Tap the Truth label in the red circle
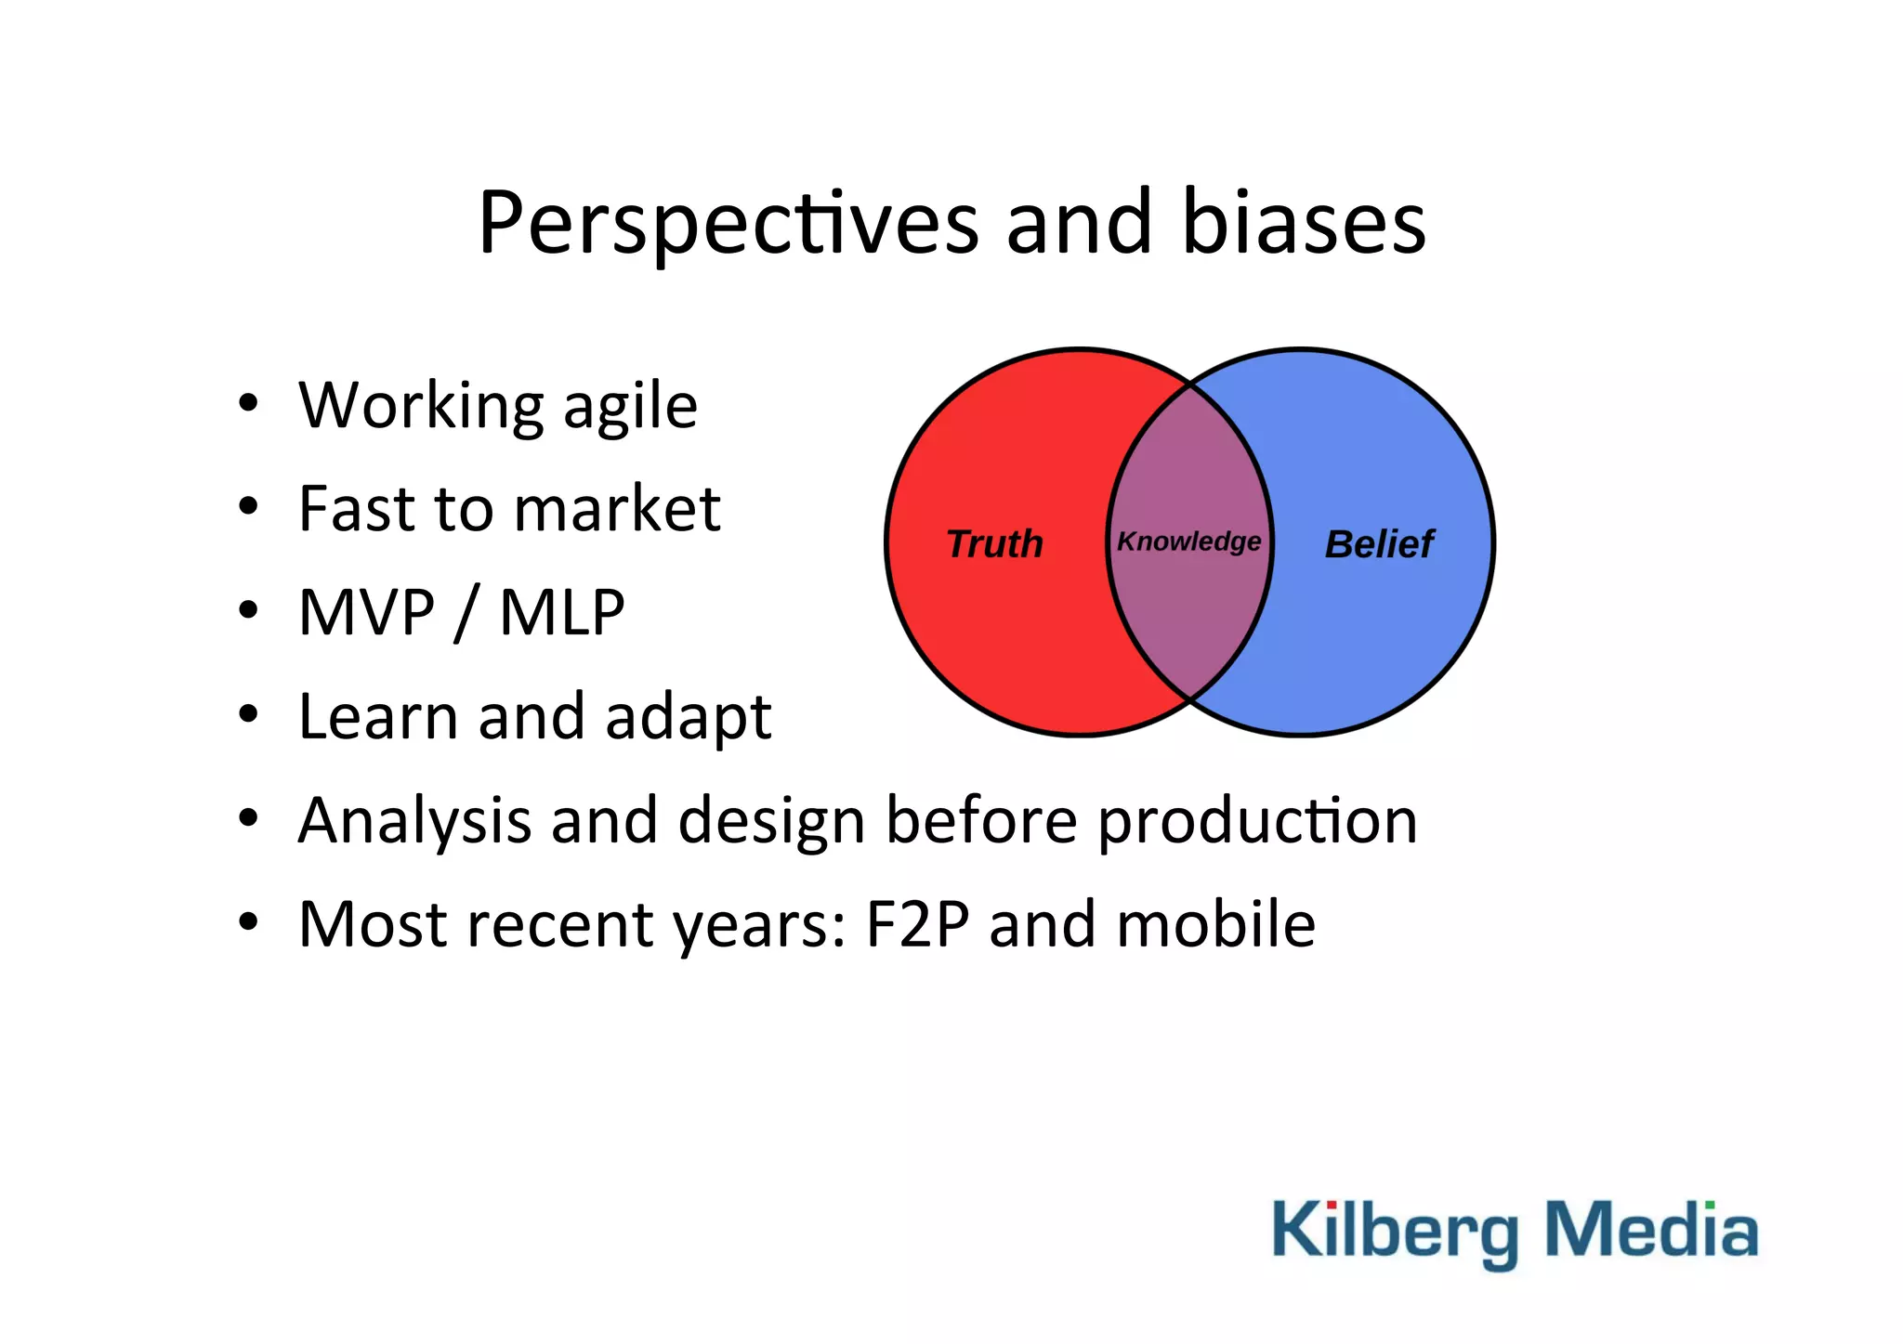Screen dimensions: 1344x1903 coord(994,544)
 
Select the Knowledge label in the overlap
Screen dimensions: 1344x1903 coord(1188,542)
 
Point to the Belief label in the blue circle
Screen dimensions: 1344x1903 coord(1379,544)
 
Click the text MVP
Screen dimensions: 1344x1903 coord(366,613)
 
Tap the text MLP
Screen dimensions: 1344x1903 coord(561,613)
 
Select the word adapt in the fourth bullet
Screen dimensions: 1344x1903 coord(688,718)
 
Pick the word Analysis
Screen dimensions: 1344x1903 coord(414,822)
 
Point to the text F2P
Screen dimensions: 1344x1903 coord(917,925)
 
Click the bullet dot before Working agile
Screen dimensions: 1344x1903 coord(247,404)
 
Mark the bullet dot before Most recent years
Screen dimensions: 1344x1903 coord(247,922)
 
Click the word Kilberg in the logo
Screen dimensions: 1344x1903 coord(1394,1232)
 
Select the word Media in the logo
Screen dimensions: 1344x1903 coord(1650,1230)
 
